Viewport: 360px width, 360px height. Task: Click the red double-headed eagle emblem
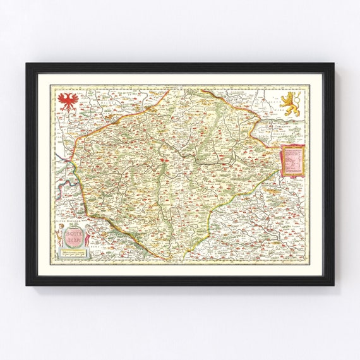tap(66, 100)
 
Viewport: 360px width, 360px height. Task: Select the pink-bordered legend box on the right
tap(292, 160)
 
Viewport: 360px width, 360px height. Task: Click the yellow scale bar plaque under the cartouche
tap(73, 253)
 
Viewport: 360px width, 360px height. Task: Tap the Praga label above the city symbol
tap(165, 162)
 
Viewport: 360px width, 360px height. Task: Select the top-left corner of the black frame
tap(27, 64)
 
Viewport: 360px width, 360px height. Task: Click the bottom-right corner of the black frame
tap(333, 284)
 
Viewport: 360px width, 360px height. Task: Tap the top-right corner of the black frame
tap(333, 64)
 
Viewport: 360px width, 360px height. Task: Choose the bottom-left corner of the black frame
tap(27, 284)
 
